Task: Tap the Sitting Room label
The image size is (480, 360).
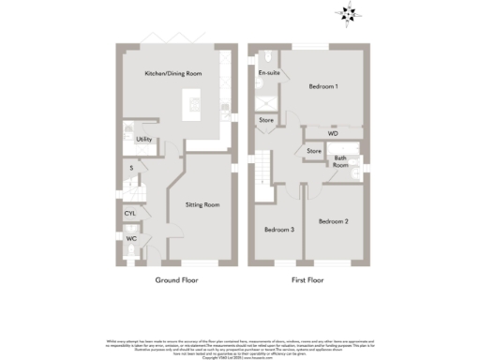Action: pos(202,204)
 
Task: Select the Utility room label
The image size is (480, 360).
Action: pos(143,140)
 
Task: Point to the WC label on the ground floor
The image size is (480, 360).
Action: pos(131,239)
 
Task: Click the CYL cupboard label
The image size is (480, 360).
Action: pos(130,214)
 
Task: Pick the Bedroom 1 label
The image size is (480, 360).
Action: pos(323,86)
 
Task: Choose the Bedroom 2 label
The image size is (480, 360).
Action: pos(333,221)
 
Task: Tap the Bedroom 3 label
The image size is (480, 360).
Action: pos(278,230)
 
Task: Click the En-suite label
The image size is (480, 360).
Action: pos(269,72)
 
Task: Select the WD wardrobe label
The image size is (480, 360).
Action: pos(332,134)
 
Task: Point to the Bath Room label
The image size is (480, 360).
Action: pos(342,162)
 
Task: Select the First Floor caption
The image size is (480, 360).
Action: pos(307,279)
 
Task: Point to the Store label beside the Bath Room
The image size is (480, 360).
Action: pos(313,151)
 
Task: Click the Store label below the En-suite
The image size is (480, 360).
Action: pos(266,120)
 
